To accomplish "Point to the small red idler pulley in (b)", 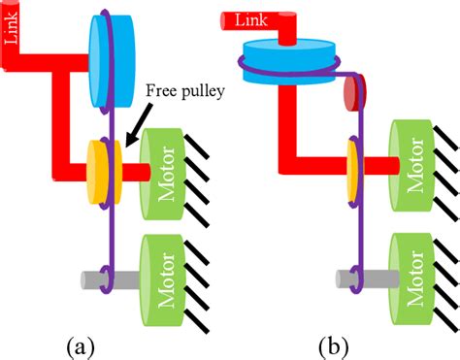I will pos(354,95).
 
